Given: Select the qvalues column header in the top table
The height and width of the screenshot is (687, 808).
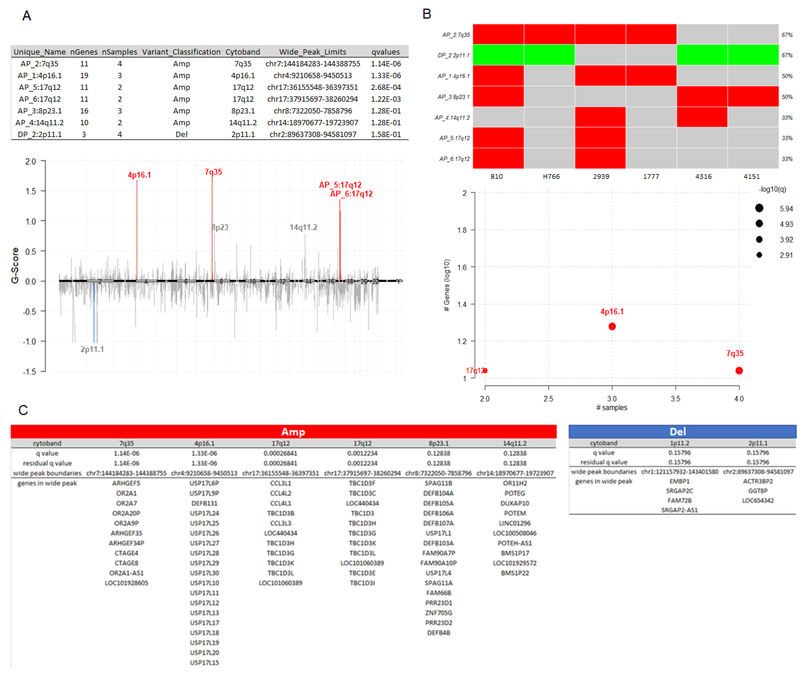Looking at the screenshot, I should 385,52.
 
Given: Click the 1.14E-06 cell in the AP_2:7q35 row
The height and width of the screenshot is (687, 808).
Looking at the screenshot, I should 385,63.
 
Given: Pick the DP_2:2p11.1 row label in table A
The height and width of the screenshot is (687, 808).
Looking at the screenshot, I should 40,134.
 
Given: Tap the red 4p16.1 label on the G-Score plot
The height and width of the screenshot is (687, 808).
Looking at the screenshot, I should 139,175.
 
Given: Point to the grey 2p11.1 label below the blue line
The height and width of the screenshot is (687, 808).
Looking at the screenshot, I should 92,349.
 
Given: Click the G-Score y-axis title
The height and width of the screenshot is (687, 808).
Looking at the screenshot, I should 15,265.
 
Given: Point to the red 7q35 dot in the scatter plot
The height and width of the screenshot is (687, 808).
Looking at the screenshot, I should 739,370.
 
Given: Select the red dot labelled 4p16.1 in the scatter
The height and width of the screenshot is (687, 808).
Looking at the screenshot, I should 612,326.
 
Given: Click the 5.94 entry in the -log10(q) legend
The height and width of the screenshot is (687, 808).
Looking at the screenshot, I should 786,209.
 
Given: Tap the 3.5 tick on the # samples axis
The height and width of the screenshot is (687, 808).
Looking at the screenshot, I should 675,398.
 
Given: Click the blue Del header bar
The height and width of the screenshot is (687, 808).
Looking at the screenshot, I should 682,432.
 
